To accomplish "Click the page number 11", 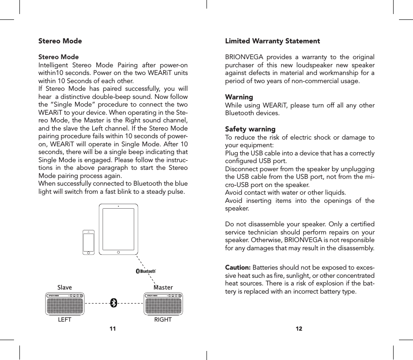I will [113, 328].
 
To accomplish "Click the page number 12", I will [299, 328].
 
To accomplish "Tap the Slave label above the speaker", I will [65, 287].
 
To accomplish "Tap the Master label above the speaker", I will [163, 287].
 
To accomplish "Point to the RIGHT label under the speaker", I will [163, 320].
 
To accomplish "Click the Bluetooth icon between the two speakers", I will [114, 303].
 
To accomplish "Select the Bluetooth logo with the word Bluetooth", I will [146, 271].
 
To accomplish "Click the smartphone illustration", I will [89, 243].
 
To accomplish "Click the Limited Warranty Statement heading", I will [272, 41].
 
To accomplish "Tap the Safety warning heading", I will [250, 129].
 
